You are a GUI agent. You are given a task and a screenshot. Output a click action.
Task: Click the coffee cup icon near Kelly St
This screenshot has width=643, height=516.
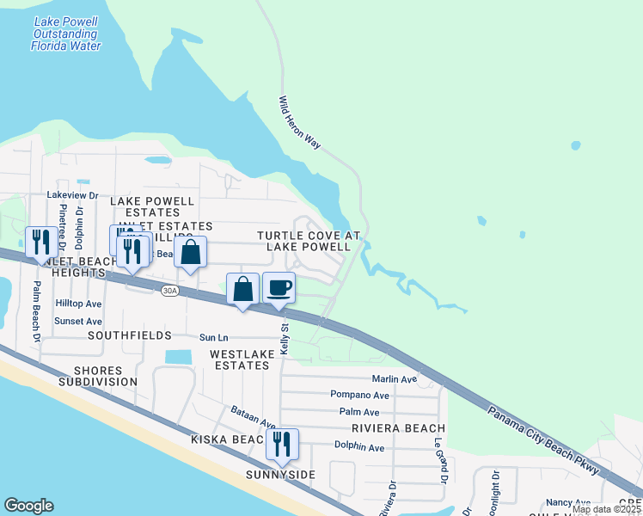point(278,287)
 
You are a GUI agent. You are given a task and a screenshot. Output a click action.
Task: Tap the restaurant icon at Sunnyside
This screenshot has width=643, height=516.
point(281,444)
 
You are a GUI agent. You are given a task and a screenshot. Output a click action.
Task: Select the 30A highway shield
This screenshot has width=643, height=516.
point(170,292)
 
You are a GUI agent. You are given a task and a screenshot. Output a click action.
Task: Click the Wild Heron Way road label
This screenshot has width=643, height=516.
point(299,123)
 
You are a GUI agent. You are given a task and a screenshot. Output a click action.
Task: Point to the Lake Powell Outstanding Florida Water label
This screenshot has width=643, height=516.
point(65,33)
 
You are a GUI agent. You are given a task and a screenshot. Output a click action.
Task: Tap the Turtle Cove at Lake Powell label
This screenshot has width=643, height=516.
point(307,241)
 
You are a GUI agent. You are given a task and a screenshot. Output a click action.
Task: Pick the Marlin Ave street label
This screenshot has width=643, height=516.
point(394,379)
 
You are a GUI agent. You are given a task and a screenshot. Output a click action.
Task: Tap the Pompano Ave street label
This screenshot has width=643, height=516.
point(359,396)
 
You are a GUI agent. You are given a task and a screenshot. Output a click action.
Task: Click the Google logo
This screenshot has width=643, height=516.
point(28,506)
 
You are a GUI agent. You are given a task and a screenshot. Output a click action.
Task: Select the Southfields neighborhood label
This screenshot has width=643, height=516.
point(99,336)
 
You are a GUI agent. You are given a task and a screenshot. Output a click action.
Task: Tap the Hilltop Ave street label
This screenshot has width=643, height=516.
point(78,304)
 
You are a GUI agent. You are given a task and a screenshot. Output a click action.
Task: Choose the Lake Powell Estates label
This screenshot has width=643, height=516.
point(151,206)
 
